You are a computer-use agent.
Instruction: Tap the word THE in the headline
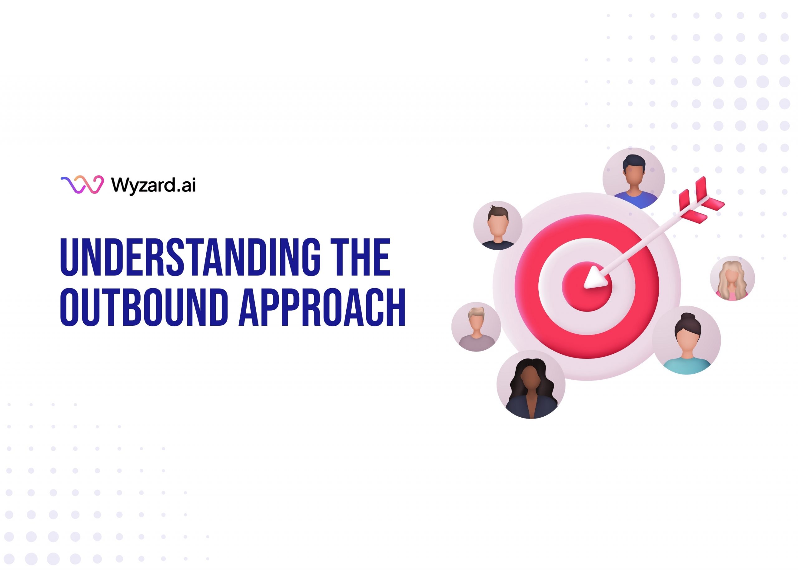362,257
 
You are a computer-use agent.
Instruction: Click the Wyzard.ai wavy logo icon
82,184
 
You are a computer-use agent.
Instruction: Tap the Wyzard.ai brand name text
153,185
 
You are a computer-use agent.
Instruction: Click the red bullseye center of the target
587,286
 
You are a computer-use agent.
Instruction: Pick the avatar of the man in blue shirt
633,179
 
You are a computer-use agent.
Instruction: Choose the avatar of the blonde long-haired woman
732,278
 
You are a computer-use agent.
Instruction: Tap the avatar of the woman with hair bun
686,340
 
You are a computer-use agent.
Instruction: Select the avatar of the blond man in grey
476,326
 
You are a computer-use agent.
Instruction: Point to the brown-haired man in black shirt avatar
498,225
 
